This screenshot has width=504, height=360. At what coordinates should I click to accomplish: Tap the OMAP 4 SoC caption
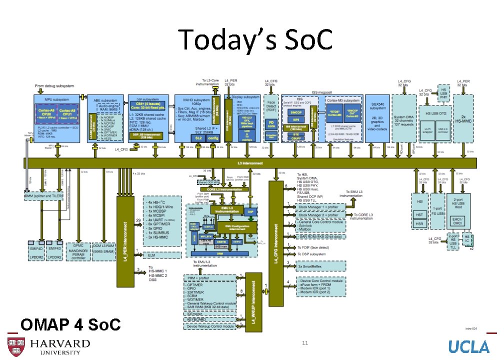click(70, 325)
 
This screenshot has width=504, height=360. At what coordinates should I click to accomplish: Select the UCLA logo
click(468, 346)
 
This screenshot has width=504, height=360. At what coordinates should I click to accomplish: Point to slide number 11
click(304, 343)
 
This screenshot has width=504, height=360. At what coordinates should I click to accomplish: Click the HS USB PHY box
click(443, 94)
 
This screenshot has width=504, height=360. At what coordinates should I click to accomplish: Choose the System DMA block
click(404, 119)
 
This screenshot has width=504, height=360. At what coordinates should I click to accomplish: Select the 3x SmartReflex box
click(314, 266)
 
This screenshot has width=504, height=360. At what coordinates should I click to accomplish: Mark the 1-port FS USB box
click(438, 211)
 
